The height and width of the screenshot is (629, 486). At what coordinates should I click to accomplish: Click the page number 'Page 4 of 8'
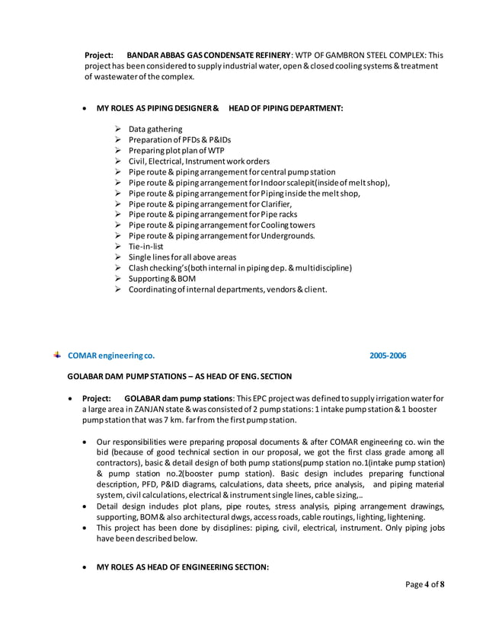click(424, 585)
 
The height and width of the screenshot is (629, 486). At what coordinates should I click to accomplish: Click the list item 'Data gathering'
click(155, 129)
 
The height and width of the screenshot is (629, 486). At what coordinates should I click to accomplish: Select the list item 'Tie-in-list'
click(145, 247)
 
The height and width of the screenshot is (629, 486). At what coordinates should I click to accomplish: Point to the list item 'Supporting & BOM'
click(158, 279)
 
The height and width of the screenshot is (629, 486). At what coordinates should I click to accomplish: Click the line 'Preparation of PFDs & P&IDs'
click(179, 140)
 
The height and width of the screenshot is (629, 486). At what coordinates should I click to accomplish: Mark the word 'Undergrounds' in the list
click(286, 236)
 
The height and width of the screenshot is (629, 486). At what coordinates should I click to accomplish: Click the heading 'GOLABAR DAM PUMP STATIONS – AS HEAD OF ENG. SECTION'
click(180, 376)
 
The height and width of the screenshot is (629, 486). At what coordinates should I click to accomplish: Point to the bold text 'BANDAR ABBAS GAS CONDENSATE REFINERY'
click(208, 56)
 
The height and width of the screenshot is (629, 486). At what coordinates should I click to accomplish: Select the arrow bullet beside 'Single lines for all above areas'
click(118, 257)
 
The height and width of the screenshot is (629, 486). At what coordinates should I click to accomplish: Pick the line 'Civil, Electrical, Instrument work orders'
click(199, 161)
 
